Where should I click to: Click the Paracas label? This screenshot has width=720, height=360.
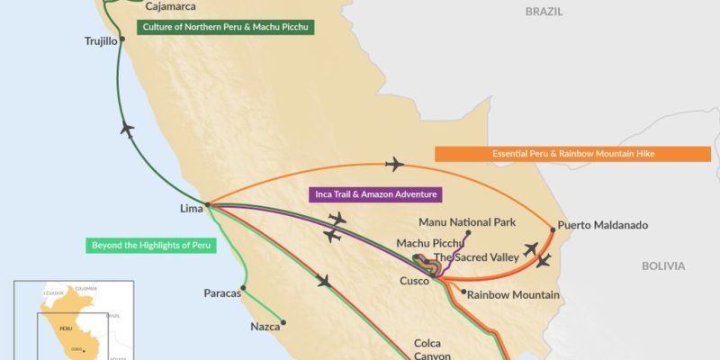click(222, 292)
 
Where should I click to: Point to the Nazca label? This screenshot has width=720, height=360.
click(265, 328)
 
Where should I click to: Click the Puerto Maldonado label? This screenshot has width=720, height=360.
click(602, 225)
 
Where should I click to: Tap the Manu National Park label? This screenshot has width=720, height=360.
click(467, 221)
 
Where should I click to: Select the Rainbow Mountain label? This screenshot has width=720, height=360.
click(514, 294)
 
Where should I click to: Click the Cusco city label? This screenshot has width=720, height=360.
click(415, 281)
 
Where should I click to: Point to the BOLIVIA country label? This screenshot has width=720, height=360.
click(662, 265)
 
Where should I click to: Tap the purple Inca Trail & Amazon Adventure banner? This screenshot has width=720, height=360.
click(376, 193)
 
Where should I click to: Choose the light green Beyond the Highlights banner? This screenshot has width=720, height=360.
click(151, 245)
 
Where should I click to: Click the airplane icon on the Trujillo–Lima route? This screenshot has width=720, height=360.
click(128, 130)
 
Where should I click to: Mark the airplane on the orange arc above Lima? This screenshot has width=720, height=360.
click(393, 164)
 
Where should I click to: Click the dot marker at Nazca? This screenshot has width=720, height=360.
click(283, 322)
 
